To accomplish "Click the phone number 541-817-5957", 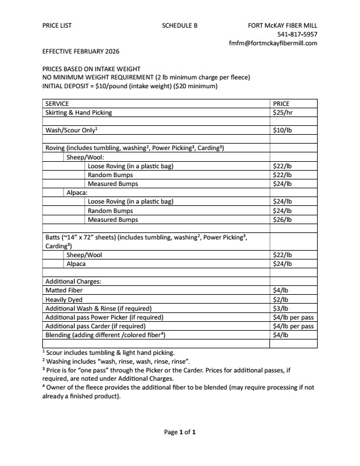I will (297, 35).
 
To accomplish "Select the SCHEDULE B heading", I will (179, 26).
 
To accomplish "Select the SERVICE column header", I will (57, 104).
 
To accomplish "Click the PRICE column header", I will (281, 104).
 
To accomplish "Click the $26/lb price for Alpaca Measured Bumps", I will (282, 219).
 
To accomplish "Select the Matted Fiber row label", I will (64, 290).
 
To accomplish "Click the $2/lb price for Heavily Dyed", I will (281, 299).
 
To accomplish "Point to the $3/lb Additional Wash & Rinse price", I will (281, 308).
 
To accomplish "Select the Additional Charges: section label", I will (73, 281).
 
